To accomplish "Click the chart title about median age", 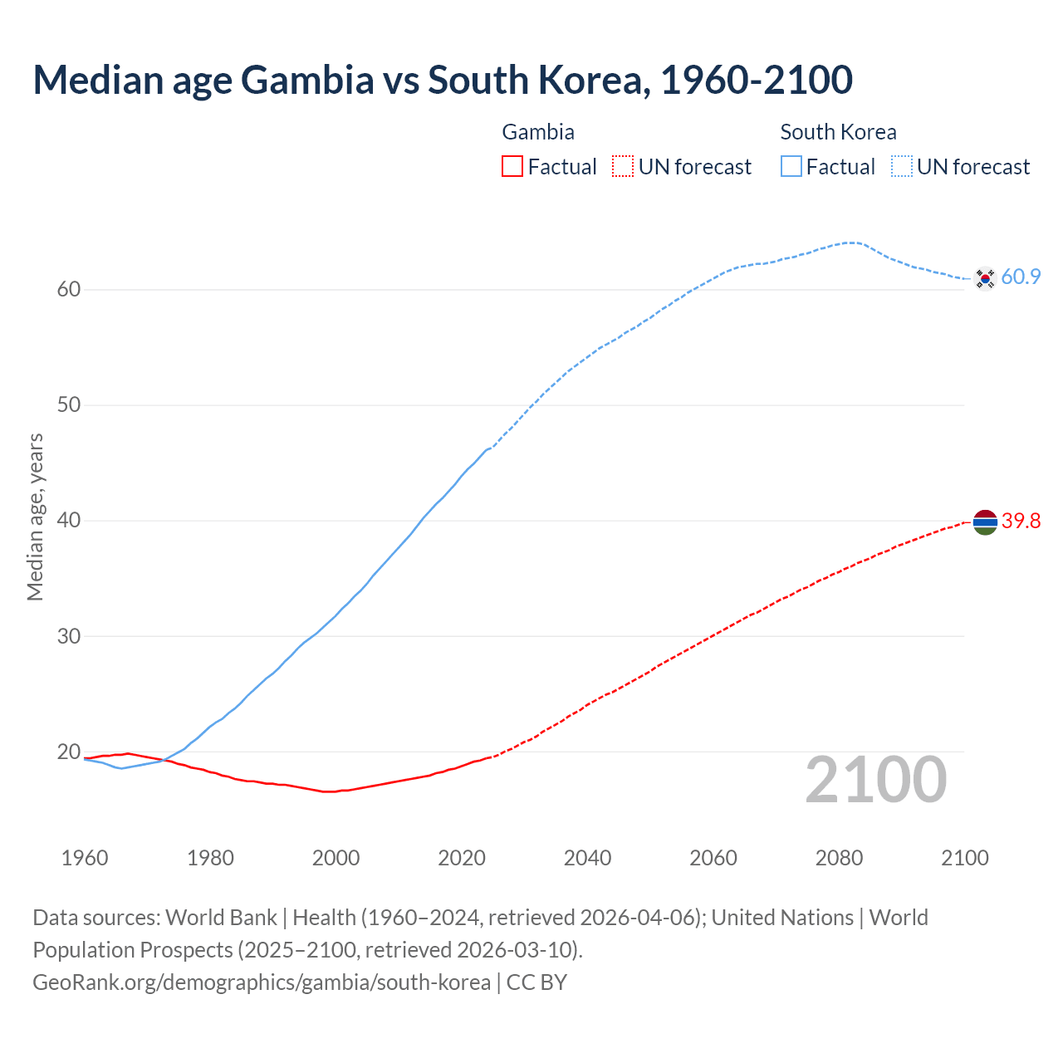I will pos(443,80).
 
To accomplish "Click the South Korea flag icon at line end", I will pos(985,278).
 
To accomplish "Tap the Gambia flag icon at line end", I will pos(985,522).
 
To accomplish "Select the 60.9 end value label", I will pos(1021,277).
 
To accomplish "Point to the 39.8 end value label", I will pos(1021,522).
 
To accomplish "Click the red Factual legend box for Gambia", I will pos(512,167).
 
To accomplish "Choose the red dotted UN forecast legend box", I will pos(623,167).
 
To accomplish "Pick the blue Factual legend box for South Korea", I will pos(791,167).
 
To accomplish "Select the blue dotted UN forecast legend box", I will pos(902,167).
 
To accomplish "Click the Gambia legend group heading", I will pos(538,132).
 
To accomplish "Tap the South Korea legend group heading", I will pos(838,132).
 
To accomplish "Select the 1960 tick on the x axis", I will pos(85,858).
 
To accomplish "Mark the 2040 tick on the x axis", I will pos(587,858).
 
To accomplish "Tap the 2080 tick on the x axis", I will pos(839,858).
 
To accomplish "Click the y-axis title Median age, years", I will pos(35,517).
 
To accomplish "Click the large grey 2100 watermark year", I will pos(875,780).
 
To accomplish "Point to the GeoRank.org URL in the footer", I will pos(261,982).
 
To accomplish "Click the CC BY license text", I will pos(536,982).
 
